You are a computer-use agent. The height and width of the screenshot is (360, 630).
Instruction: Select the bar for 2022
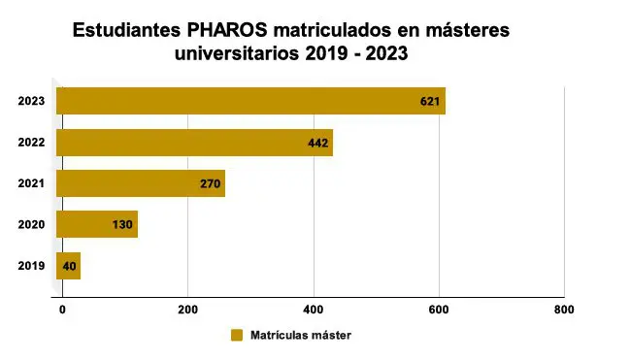point(194,143)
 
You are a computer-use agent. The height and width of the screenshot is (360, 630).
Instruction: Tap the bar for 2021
point(141,183)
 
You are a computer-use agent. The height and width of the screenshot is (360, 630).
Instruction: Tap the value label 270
point(211,183)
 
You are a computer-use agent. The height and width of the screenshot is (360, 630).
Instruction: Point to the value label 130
point(122,224)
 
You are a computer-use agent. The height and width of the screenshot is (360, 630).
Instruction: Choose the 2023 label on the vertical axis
point(31,101)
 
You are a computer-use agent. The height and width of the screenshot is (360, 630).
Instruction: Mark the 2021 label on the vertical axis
point(31,183)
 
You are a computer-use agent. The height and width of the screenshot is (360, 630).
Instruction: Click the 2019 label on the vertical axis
point(31,265)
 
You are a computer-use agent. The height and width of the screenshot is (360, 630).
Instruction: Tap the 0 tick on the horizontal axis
point(62,310)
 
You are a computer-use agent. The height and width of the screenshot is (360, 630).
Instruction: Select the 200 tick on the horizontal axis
point(188,310)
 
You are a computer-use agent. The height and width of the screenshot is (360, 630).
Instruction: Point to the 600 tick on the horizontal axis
point(439,310)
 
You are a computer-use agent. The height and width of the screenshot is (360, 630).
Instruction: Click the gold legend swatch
point(237,336)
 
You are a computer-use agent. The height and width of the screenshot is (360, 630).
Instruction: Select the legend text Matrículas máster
point(300,336)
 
